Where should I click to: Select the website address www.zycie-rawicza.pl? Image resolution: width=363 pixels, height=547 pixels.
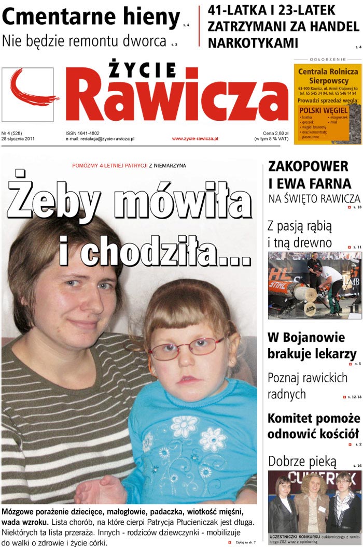coord(195,139)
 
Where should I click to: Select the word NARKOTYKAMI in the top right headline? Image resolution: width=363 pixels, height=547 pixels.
coord(253,43)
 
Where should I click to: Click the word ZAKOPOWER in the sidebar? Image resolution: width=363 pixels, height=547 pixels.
coord(308,167)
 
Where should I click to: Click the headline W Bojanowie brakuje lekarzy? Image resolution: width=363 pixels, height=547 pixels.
coord(312,346)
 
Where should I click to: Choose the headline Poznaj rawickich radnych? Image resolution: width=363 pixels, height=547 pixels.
coord(307,386)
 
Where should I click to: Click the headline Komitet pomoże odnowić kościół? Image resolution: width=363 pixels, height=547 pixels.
coord(313,426)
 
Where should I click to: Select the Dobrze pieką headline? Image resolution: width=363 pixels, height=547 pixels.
coord(295,462)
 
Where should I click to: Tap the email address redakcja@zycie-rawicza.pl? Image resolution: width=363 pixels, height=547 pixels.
coord(100,139)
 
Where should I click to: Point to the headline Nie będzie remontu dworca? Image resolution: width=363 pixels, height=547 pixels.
coord(84,41)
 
